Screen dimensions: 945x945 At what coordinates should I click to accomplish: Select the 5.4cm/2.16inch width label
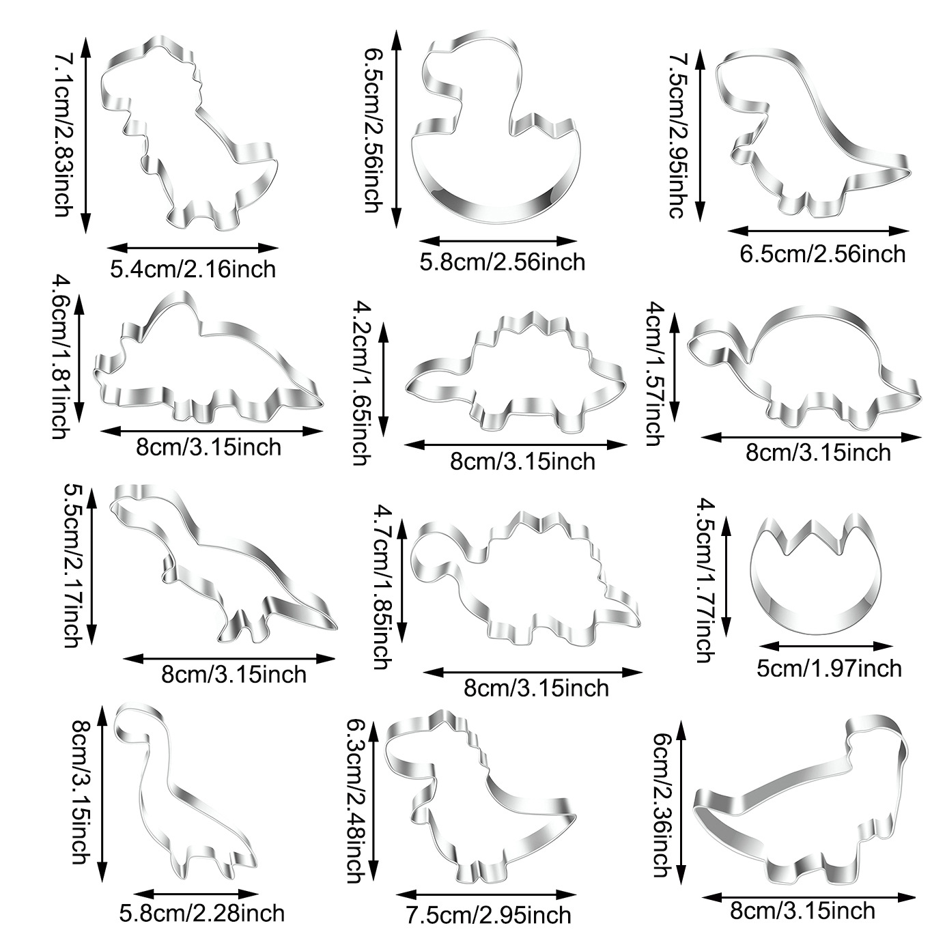pyautogui.click(x=193, y=268)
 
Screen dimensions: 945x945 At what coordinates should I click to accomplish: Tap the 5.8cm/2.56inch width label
pyautogui.click(x=502, y=262)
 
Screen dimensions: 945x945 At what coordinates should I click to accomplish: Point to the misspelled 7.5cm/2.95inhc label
pyautogui.click(x=675, y=135)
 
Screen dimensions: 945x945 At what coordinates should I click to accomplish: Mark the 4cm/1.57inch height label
pyautogui.click(x=655, y=373)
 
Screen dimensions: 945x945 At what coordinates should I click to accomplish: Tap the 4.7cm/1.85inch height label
pyautogui.click(x=382, y=586)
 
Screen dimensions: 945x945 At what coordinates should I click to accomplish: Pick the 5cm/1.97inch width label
pyautogui.click(x=829, y=667)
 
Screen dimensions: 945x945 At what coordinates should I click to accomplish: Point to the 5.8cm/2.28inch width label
pyautogui.click(x=201, y=912)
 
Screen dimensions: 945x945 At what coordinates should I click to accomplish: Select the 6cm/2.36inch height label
pyautogui.click(x=661, y=804)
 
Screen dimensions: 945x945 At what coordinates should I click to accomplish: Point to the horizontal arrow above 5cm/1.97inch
pyautogui.click(x=826, y=645)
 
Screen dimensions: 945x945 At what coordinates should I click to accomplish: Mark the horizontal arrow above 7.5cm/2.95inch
pyautogui.click(x=486, y=894)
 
